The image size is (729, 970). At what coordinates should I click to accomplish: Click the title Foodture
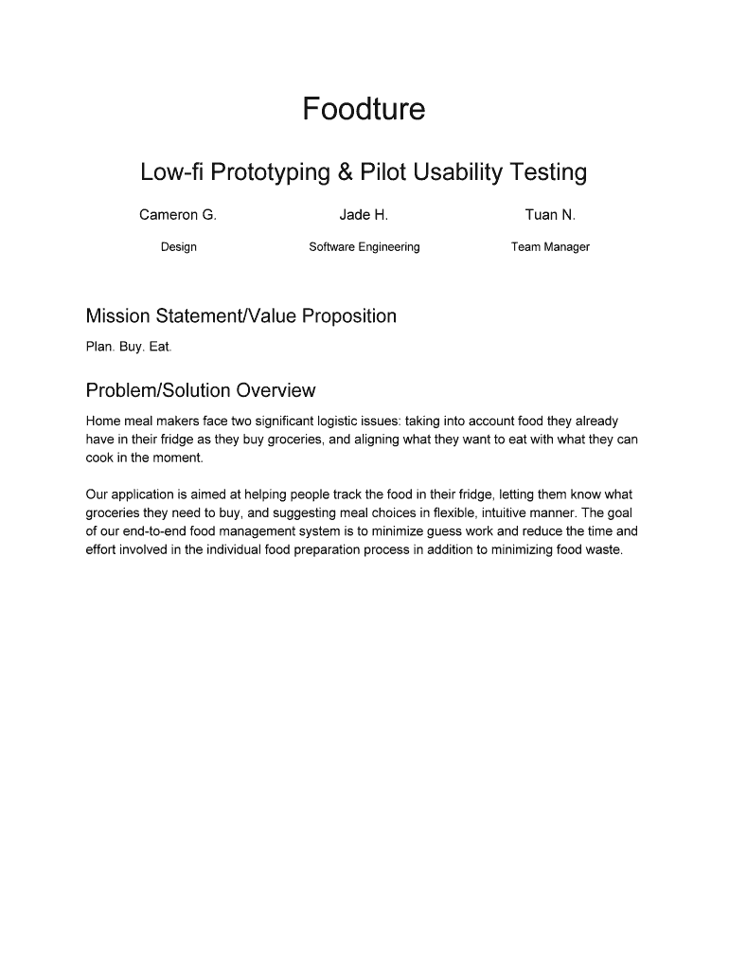click(364, 110)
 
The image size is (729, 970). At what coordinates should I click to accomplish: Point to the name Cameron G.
click(178, 215)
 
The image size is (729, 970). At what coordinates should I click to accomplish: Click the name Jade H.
click(364, 215)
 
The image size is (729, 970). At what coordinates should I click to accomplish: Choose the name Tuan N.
click(550, 215)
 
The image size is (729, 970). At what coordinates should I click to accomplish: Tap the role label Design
click(178, 247)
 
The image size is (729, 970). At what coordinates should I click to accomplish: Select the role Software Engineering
click(364, 247)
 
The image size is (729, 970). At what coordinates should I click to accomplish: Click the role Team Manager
click(550, 247)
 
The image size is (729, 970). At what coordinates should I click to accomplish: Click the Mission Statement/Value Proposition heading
click(240, 316)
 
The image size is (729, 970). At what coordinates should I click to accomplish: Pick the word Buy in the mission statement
click(129, 348)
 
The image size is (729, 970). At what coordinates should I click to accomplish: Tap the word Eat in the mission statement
click(160, 348)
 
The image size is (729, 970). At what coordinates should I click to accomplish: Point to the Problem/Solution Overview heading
click(200, 391)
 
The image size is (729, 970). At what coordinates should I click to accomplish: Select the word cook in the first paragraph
click(100, 458)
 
